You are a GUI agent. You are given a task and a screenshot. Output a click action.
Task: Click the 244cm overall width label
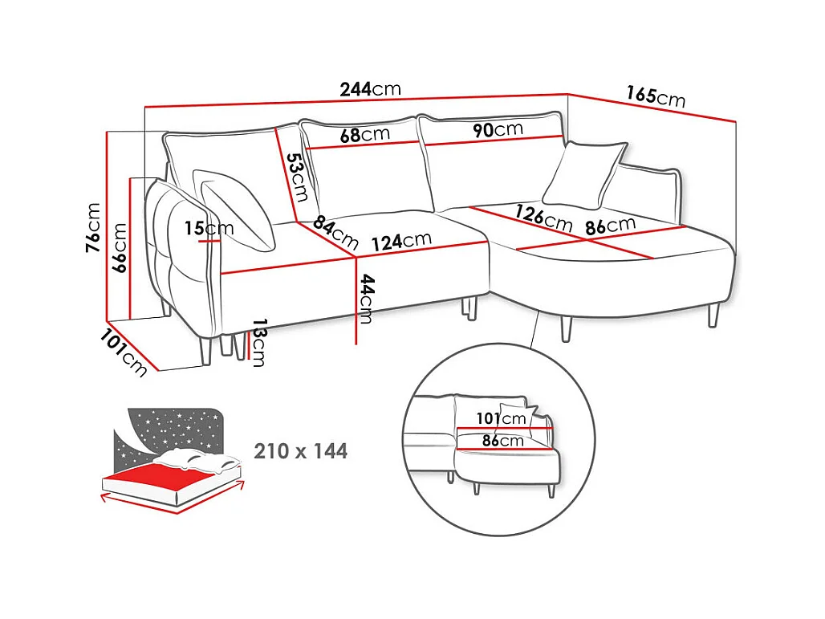click(370, 89)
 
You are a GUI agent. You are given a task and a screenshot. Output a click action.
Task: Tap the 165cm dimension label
click(656, 96)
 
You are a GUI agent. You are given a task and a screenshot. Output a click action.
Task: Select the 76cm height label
click(92, 227)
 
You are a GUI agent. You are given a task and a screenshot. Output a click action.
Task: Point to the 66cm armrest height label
click(120, 247)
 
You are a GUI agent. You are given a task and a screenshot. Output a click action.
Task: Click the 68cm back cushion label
click(364, 135)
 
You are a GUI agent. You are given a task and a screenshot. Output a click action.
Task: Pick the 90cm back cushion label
click(498, 129)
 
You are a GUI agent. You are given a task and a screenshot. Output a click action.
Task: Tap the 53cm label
click(297, 177)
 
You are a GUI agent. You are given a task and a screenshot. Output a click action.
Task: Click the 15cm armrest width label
click(209, 228)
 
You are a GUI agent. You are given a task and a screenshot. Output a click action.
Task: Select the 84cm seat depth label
click(335, 233)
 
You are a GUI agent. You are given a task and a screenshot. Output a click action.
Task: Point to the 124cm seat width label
click(401, 242)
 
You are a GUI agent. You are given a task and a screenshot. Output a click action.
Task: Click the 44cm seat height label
click(366, 299)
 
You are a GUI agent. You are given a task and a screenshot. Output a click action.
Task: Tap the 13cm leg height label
click(259, 342)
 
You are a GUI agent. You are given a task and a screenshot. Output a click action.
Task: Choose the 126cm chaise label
click(543, 218)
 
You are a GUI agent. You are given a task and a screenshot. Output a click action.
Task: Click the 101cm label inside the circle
click(501, 418)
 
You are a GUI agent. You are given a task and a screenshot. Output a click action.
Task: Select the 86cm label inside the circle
click(503, 440)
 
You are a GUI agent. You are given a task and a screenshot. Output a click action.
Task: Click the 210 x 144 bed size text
click(300, 451)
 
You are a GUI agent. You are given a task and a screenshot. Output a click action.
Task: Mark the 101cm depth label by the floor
click(124, 352)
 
